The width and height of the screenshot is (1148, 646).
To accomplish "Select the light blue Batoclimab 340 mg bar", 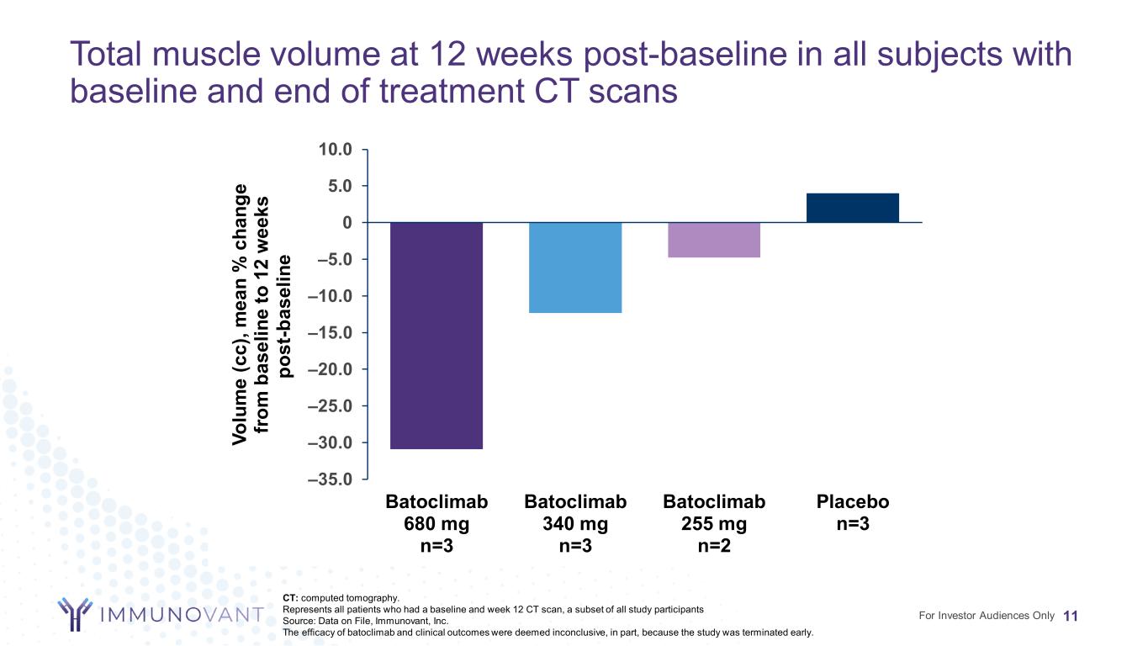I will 575,267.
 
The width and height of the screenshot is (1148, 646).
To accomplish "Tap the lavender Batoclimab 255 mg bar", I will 714,240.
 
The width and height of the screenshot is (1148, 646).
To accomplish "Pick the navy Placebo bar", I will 852,208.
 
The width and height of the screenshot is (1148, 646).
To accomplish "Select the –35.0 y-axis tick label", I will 335,480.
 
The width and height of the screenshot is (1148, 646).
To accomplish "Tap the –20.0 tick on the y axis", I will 335,369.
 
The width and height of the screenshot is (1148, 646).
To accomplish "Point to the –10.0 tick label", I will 335,296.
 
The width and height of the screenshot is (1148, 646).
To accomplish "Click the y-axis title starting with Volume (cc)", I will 263,315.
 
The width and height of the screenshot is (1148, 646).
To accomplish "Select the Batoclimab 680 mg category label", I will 436,523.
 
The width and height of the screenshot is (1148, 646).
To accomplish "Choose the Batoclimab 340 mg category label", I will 575,523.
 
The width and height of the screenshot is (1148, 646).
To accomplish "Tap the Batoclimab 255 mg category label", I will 714,523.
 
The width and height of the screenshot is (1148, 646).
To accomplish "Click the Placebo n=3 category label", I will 852,512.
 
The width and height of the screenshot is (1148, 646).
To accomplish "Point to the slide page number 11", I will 1071,616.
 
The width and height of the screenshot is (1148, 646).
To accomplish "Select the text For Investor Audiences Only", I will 987,616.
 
